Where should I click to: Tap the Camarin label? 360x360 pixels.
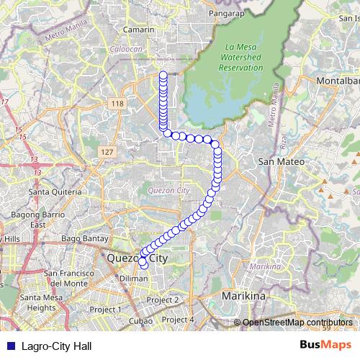[139, 30]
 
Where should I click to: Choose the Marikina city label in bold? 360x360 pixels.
[243, 296]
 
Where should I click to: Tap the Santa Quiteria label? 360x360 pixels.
[54, 192]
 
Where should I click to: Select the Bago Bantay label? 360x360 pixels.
[84, 238]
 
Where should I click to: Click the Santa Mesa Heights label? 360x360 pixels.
[42, 302]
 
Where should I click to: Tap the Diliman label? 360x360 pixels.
[133, 277]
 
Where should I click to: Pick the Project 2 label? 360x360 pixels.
[162, 300]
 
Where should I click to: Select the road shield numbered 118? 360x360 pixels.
[116, 104]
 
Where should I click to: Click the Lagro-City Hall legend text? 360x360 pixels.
[57, 346]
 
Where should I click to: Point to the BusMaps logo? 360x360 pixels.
[325, 345]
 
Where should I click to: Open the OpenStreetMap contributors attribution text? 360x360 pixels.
[297, 323]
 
